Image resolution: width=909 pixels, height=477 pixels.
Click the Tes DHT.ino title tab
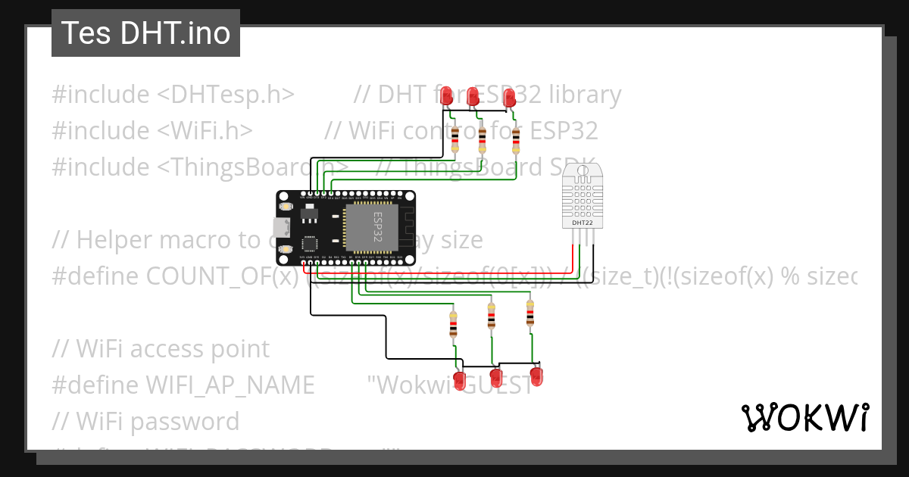tap(145, 33)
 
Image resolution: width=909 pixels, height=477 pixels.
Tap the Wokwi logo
tap(804, 417)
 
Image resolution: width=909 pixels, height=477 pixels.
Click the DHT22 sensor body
tap(583, 196)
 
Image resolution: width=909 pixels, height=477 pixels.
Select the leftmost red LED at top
tap(447, 95)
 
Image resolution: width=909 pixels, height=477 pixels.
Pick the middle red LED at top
tap(473, 96)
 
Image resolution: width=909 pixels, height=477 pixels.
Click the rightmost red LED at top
tap(509, 97)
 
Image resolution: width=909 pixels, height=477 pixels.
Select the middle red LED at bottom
tap(497, 377)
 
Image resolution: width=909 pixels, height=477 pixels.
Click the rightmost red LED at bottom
tap(537, 376)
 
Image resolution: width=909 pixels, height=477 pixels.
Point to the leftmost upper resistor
tap(454, 139)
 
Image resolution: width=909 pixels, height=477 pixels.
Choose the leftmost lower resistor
tap(453, 323)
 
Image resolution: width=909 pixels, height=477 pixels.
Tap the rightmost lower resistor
tap(529, 313)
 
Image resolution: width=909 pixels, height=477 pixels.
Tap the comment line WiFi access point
tap(161, 348)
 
